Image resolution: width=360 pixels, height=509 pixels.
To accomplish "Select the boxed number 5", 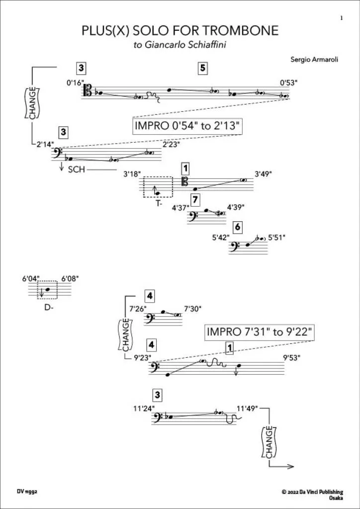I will tap(202, 69).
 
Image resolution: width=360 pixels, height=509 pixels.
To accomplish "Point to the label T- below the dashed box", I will tap(158, 203).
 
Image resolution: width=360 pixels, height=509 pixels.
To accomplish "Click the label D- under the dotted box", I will tap(48, 308).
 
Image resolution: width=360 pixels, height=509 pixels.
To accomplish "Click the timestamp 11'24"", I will tap(144, 409).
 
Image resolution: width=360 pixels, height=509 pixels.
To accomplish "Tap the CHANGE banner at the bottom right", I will tap(269, 442).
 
